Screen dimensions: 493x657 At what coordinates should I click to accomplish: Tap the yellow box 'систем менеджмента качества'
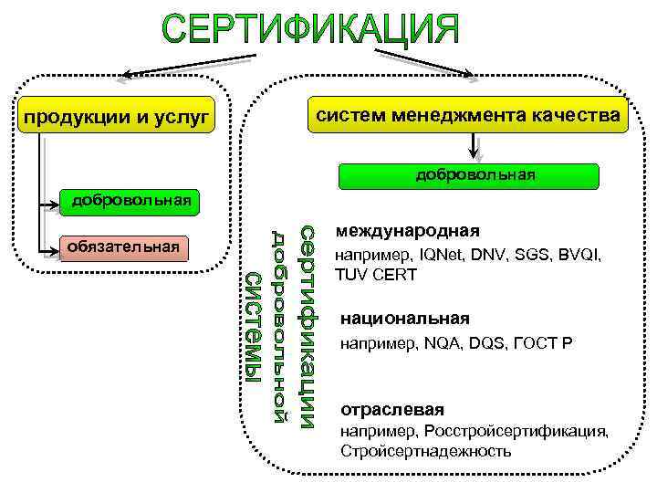pos(468,115)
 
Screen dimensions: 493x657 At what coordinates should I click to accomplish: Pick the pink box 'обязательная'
pos(122,246)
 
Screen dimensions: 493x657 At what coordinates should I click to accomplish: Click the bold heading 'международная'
pos(407,231)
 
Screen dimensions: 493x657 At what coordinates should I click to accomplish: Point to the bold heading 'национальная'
pos(404,319)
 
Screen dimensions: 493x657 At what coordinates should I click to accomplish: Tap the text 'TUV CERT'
pos(376,275)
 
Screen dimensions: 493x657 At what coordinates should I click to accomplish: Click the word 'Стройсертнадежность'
pos(426,451)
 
